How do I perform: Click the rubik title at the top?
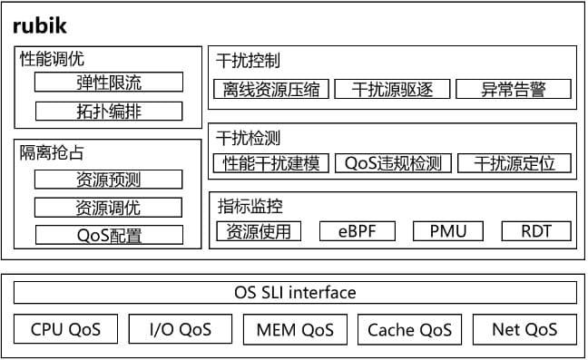click(40, 25)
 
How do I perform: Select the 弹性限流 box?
click(108, 83)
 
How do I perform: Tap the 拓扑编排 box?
click(108, 112)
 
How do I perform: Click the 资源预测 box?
click(108, 180)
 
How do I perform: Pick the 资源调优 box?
click(108, 208)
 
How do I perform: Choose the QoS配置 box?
click(108, 236)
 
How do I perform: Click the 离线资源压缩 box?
click(270, 89)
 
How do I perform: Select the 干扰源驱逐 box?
click(393, 89)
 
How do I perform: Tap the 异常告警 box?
click(514, 89)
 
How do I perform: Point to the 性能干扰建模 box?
click(270, 163)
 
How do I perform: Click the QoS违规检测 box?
click(393, 163)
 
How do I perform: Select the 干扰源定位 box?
click(514, 163)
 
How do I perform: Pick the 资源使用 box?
click(259, 230)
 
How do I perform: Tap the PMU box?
click(447, 230)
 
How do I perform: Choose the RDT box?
click(537, 230)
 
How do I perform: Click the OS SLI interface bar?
click(295, 293)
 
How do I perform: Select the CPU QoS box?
click(65, 329)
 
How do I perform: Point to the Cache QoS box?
click(409, 329)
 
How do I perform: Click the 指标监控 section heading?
click(250, 207)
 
